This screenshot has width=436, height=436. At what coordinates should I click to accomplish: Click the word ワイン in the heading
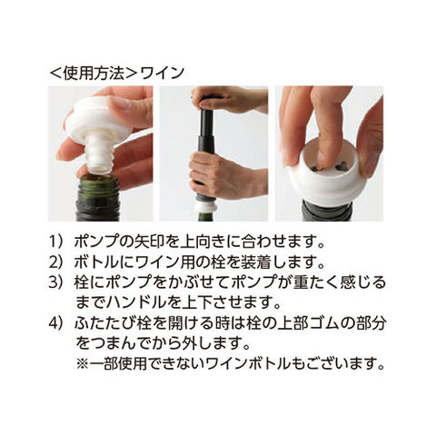[x=163, y=74]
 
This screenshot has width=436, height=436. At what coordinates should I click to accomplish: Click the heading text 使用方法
[x=94, y=74]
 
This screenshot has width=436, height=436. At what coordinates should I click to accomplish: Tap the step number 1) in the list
[x=57, y=242]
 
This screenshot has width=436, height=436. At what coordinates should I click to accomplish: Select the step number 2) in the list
[x=57, y=263]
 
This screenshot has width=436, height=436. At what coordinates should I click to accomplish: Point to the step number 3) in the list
[x=57, y=282]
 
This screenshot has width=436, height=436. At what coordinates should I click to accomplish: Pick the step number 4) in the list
[x=57, y=323]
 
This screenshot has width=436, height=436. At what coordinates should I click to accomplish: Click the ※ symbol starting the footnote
[x=82, y=363]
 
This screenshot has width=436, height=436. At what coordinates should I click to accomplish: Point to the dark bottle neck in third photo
[x=326, y=212]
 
